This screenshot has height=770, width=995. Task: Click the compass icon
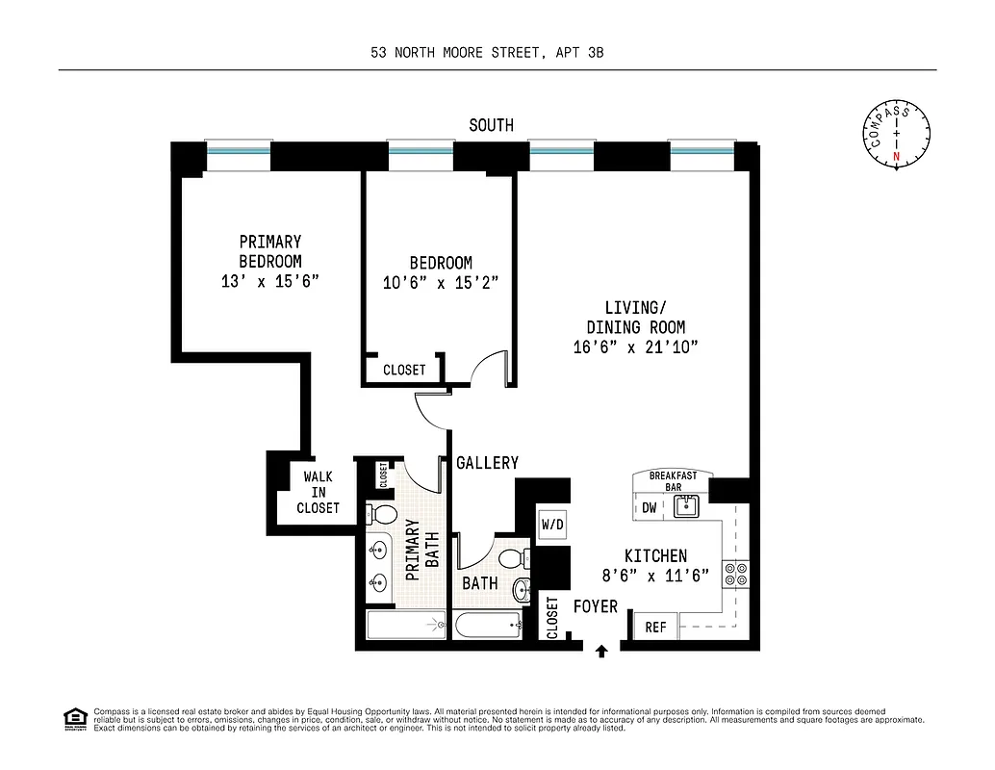tap(897, 134)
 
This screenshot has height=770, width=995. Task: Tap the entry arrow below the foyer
tap(602, 652)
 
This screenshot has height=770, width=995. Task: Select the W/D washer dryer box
tap(552, 525)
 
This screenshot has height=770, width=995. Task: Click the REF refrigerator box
tap(655, 628)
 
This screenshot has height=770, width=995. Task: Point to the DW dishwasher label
tap(650, 508)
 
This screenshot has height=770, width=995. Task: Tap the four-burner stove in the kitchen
tap(736, 574)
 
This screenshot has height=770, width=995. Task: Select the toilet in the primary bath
tap(382, 512)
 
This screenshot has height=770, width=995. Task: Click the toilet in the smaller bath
tap(512, 557)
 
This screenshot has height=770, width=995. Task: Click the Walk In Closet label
tap(318, 492)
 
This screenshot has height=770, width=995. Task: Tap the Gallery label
tap(487, 463)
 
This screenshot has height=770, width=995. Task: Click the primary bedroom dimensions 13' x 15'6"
tap(269, 282)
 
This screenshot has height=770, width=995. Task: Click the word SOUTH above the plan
tap(491, 125)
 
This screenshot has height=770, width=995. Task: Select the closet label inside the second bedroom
tap(404, 370)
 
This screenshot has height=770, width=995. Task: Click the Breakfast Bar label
tap(674, 481)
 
